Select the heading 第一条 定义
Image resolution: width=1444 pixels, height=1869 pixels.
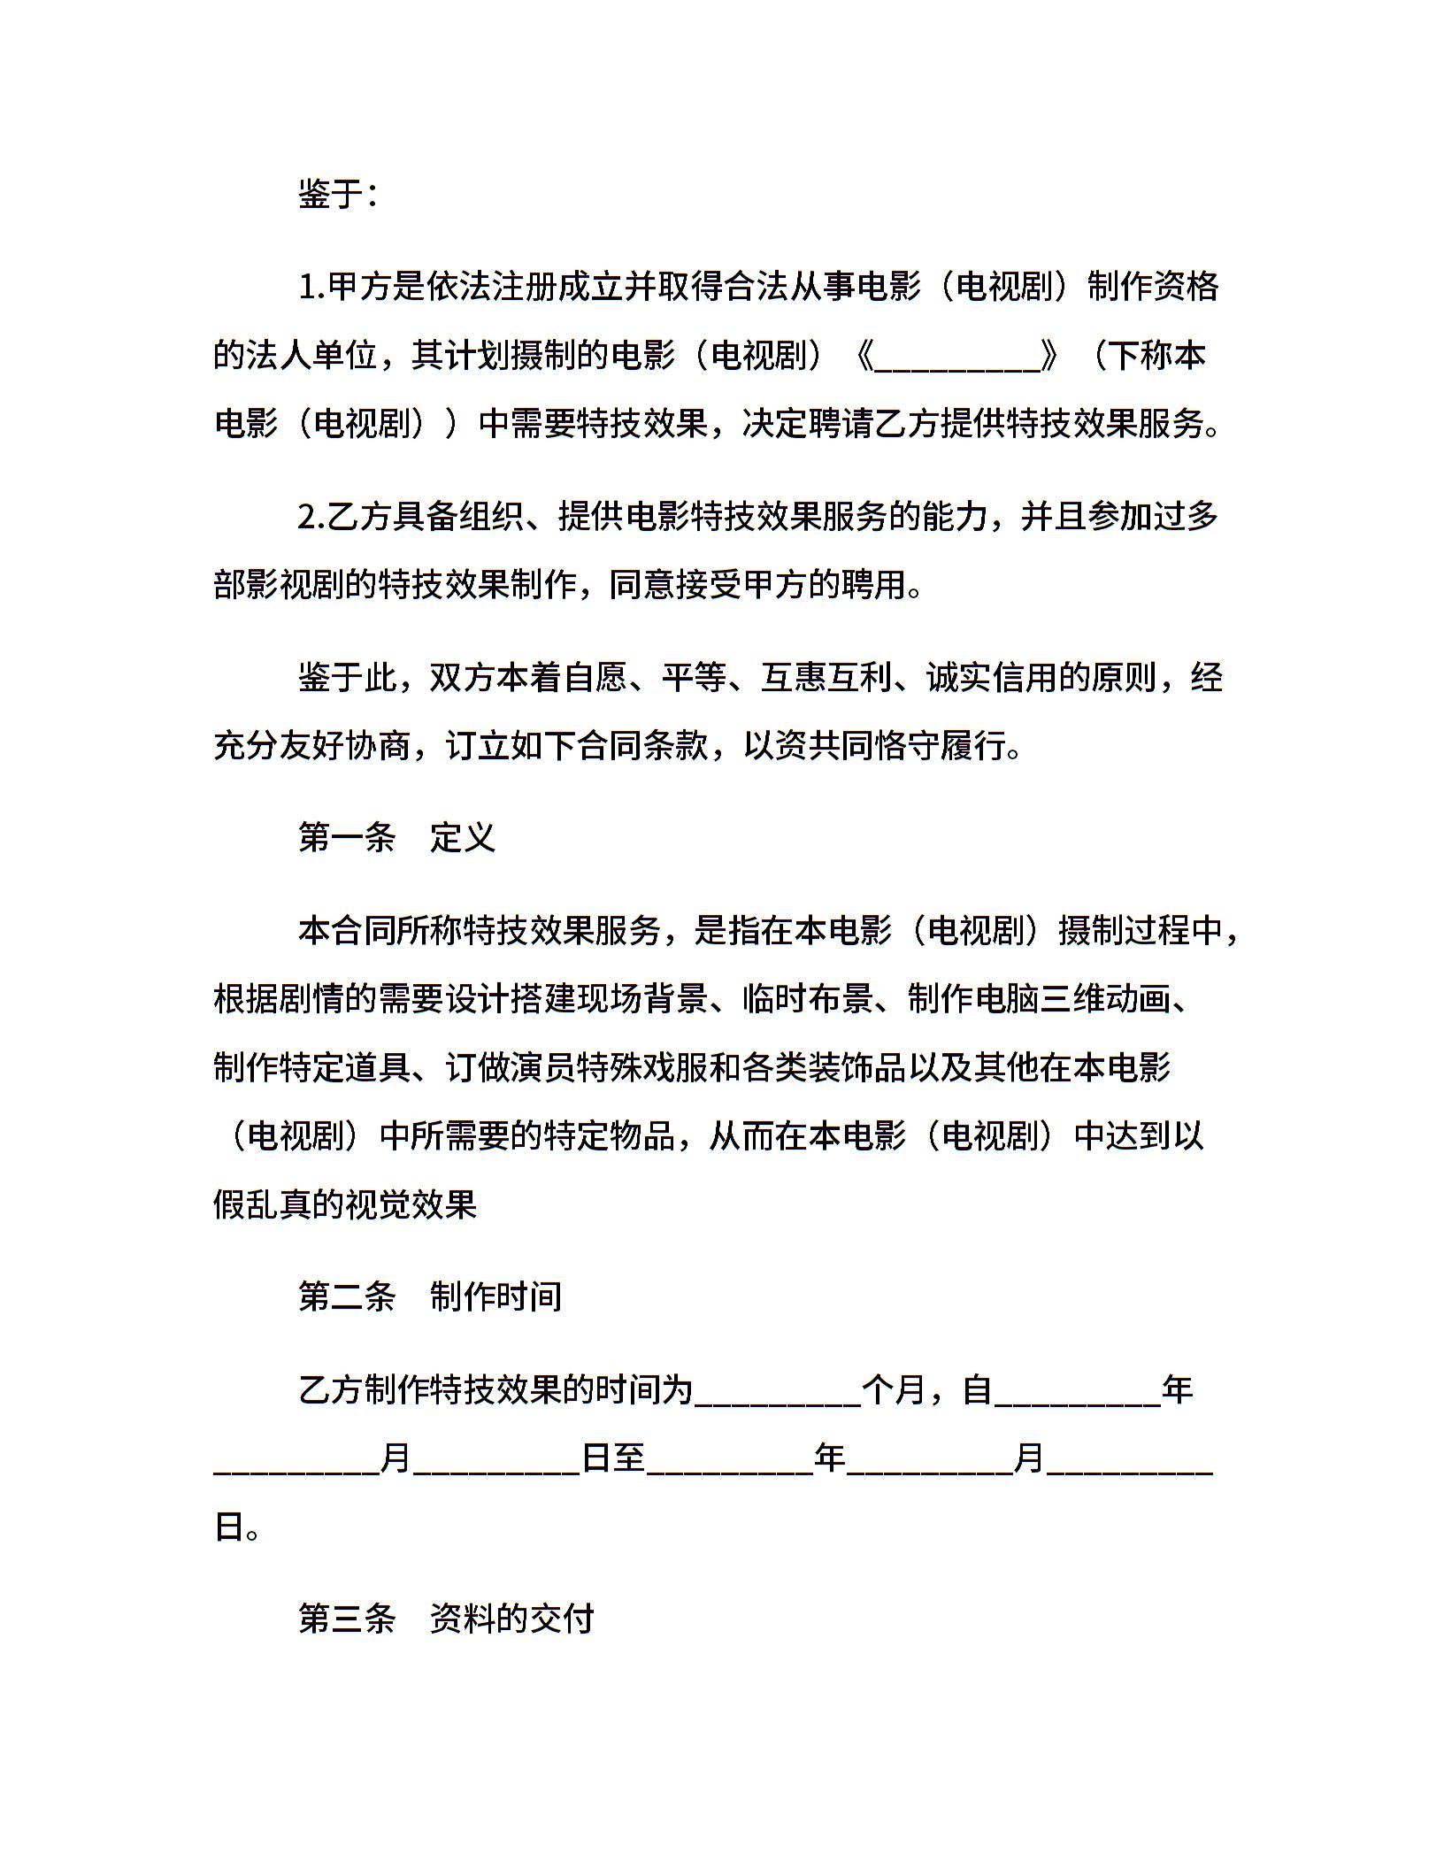tap(396, 837)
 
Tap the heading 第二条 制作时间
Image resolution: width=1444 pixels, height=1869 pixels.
tap(430, 1296)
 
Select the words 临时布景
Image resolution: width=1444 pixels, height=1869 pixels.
tap(808, 999)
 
